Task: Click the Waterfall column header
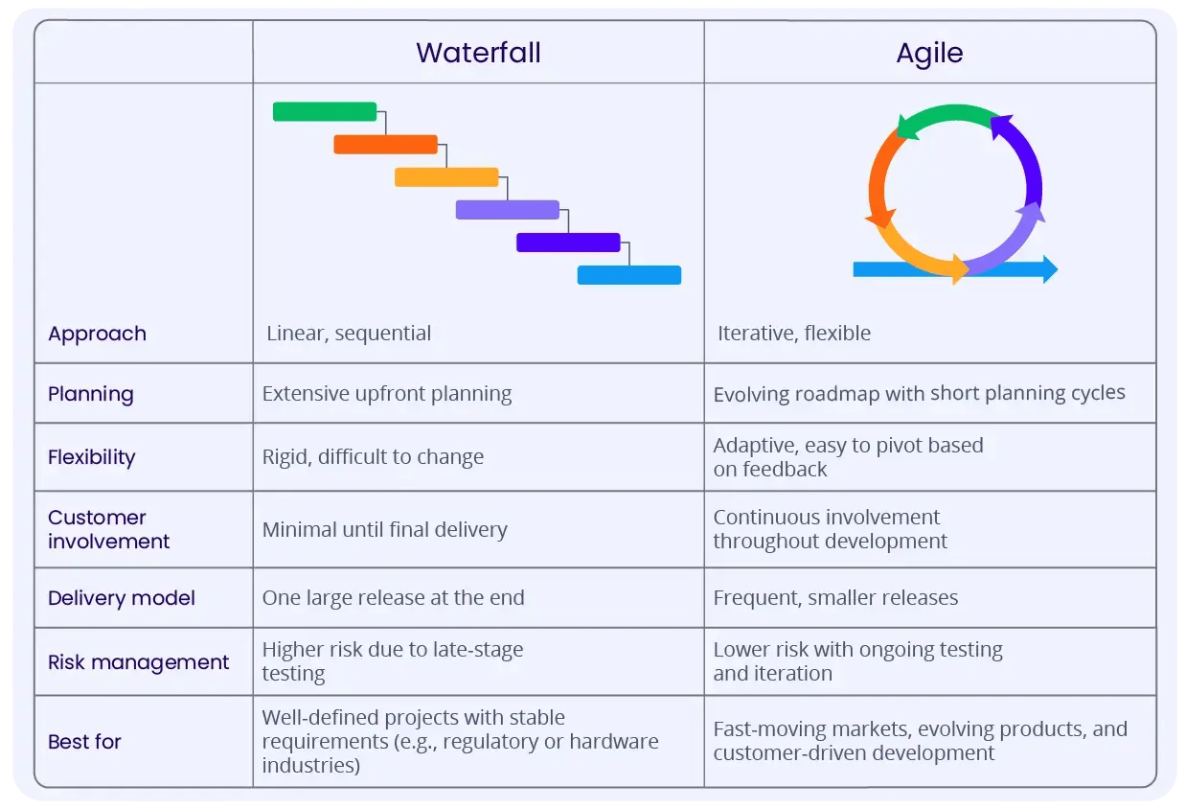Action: point(478,53)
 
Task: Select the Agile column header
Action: point(929,53)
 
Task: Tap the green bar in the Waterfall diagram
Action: point(324,111)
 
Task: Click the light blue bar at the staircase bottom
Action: point(628,275)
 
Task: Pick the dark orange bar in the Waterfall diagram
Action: point(385,145)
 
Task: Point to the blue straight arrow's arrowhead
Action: point(1050,269)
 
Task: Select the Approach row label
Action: point(97,334)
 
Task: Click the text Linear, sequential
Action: point(349,334)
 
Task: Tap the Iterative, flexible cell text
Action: point(793,334)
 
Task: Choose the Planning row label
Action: point(90,394)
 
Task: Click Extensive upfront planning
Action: point(387,394)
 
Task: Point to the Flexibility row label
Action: point(91,457)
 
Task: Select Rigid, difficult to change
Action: point(373,457)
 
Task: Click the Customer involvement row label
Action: point(108,529)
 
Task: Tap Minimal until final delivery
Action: point(384,529)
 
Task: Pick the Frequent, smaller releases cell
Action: point(835,598)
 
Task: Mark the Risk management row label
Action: point(138,662)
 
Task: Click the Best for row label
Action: point(84,742)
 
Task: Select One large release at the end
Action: point(393,598)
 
